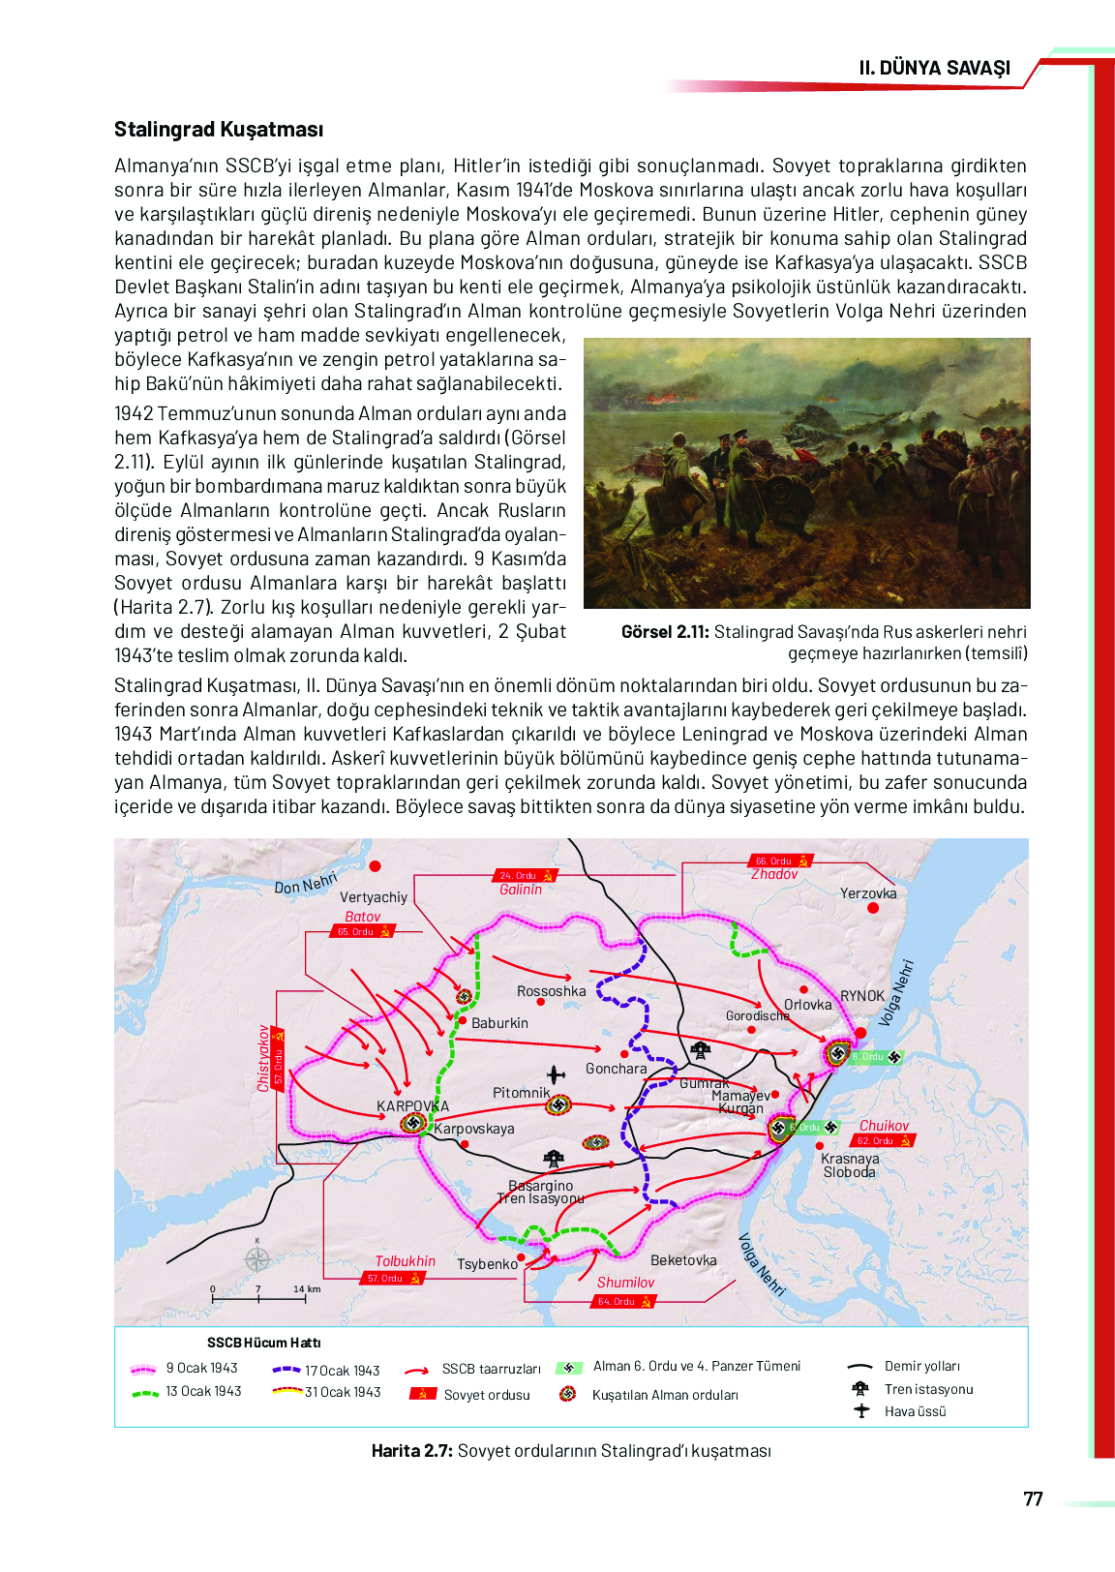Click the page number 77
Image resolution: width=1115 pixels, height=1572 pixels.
1033,1499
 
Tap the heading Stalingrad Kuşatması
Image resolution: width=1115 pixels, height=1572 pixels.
219,130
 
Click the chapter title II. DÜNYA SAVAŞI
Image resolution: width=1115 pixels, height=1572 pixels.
934,68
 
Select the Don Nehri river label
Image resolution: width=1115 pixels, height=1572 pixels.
306,883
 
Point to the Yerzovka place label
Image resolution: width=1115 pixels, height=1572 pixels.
868,893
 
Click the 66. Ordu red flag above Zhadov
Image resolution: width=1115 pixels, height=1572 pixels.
779,861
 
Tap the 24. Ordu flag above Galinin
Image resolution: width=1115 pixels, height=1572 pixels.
526,875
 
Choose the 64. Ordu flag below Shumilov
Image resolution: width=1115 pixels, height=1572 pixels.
623,1301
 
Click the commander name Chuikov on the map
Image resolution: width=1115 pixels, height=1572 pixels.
884,1126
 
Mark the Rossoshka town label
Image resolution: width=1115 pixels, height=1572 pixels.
551,991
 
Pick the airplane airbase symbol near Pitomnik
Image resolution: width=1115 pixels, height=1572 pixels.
556,1074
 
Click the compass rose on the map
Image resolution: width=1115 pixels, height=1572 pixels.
257,1259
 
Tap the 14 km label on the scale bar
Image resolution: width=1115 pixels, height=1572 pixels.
307,1289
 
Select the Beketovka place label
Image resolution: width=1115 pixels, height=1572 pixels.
683,1260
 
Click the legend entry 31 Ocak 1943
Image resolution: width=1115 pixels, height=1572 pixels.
343,1392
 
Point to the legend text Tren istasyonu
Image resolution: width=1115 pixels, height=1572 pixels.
928,1389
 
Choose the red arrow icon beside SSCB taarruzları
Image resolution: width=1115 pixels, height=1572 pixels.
417,1371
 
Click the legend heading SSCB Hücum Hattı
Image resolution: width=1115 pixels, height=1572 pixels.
263,1343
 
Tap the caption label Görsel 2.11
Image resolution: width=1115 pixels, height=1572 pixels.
665,632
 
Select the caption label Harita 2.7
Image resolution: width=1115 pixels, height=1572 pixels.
411,1451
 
